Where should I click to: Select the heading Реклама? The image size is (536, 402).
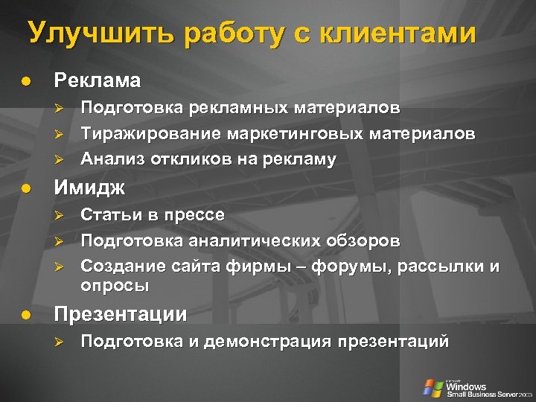(x=97, y=80)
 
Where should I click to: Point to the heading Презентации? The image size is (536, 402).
(x=121, y=314)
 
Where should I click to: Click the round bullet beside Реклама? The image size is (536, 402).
(x=27, y=80)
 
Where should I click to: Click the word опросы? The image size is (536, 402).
(x=115, y=286)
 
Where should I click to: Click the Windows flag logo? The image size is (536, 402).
(x=432, y=387)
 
